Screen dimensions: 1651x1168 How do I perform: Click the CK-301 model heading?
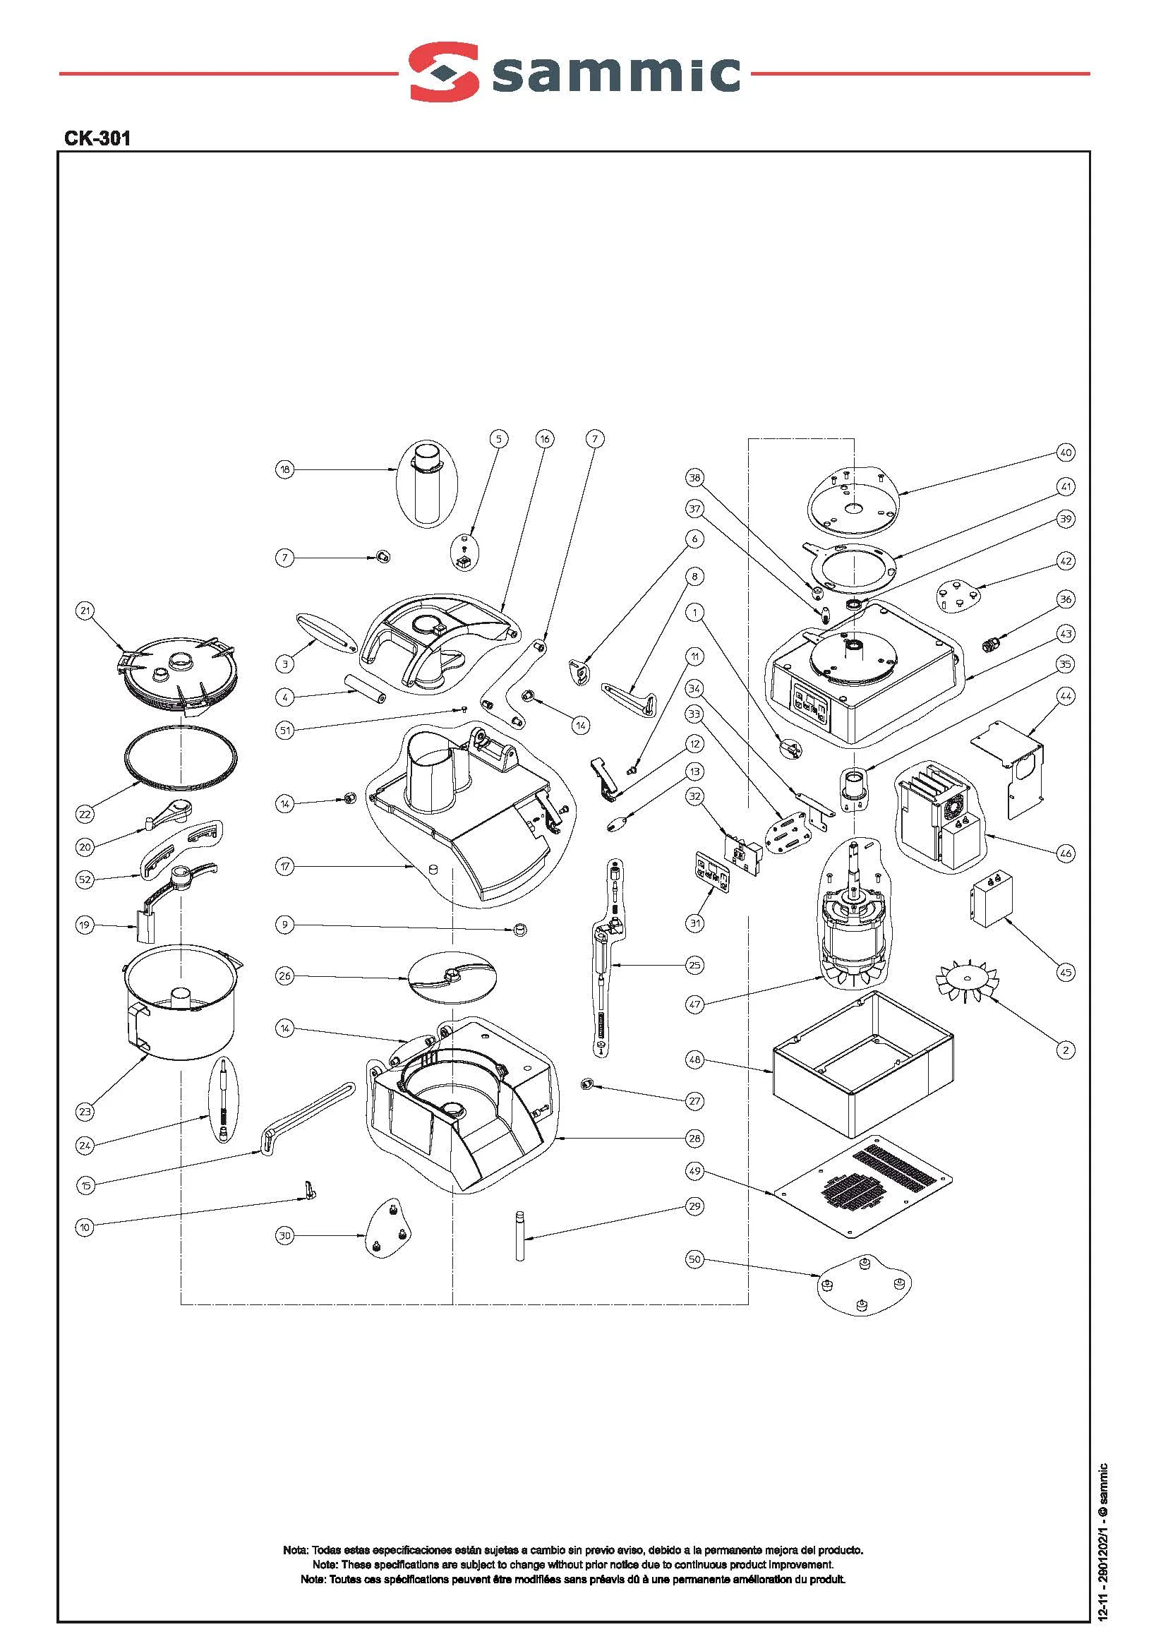[97, 138]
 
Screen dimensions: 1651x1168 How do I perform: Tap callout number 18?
[286, 470]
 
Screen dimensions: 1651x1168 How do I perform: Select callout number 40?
[1066, 452]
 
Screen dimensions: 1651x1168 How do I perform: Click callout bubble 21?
[85, 611]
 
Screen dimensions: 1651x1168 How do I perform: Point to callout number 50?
[694, 1260]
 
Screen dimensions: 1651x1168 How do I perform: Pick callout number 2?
[1066, 1050]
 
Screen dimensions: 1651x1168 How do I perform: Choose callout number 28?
[694, 1138]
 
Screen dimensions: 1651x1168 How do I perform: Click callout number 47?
[694, 1005]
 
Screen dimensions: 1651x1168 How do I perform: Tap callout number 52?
[85, 878]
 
